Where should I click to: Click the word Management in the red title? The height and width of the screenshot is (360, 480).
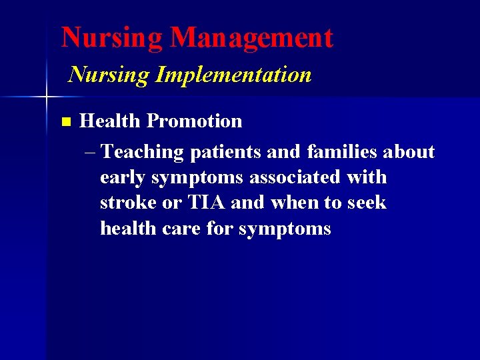coord(251,38)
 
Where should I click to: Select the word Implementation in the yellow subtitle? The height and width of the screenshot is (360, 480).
coord(233,75)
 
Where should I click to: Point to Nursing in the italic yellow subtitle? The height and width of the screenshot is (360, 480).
coord(109,75)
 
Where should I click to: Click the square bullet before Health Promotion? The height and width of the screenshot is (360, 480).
coord(65,122)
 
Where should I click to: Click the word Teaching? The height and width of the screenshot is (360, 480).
coord(143,153)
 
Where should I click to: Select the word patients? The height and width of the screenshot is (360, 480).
coord(225,153)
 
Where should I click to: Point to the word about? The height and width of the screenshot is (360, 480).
coord(409,152)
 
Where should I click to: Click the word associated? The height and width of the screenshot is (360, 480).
coord(294,177)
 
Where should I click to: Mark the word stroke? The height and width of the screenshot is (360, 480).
coord(128,203)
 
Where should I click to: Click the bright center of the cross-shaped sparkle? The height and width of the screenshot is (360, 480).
coord(46,97)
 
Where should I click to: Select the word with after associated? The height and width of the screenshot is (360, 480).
coord(365,177)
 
